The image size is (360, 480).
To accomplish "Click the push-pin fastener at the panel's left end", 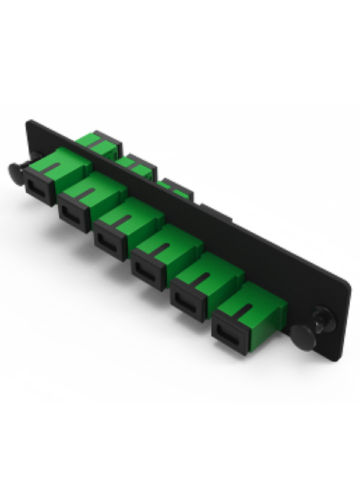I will coord(18,173).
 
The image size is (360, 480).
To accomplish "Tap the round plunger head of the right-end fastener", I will coord(304,337).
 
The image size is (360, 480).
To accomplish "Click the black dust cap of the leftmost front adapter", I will coord(39,186).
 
